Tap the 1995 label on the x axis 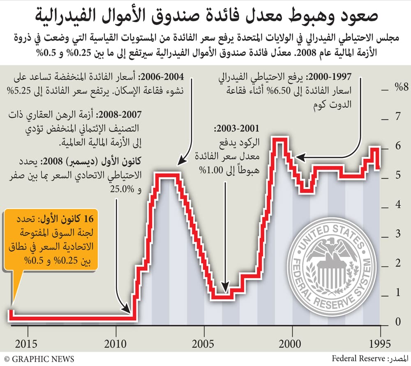[380, 343]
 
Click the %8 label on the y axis [399, 88]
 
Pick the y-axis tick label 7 [397, 117]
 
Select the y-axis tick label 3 [397, 234]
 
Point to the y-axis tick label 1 [397, 293]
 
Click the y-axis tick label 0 [397, 322]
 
